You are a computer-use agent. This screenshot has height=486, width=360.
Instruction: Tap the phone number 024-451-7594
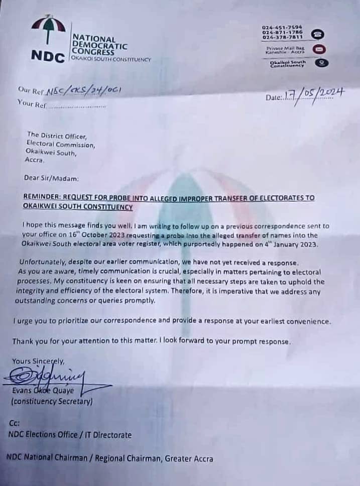tap(282, 27)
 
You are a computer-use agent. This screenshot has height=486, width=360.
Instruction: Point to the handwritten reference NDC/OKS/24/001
tap(82, 90)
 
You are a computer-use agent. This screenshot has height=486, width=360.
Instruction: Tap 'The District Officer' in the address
tap(57, 135)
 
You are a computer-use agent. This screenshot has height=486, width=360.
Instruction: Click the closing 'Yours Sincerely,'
tap(38, 360)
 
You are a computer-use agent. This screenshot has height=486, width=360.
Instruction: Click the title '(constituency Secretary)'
tap(52, 402)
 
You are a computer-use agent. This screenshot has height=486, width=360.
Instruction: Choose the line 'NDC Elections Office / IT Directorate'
tap(70, 435)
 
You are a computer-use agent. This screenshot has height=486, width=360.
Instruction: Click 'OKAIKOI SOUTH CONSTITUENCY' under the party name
tap(111, 59)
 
